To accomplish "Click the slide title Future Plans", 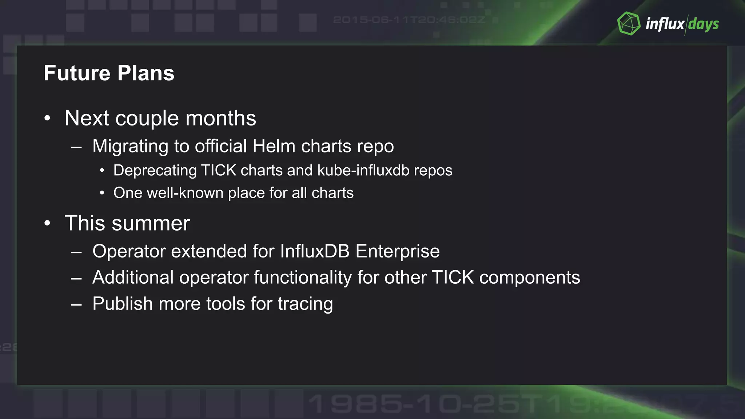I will [109, 73].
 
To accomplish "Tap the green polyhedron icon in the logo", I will [629, 24].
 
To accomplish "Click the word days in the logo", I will [704, 24].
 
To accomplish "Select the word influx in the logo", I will [665, 24].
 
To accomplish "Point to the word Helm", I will [274, 146].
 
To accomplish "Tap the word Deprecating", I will [155, 171].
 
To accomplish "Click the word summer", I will [151, 223].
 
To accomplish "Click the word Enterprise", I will [398, 251].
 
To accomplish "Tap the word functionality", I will [303, 278].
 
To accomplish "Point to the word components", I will [530, 278].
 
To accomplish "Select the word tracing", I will [305, 304].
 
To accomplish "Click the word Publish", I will [123, 304].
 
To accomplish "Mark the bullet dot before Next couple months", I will [47, 118].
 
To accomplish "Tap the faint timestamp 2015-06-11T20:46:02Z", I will [409, 20].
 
